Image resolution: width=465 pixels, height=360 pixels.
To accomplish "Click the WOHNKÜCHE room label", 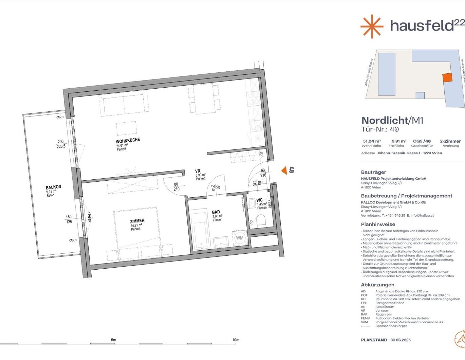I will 128,141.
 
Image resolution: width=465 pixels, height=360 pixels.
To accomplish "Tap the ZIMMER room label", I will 137,221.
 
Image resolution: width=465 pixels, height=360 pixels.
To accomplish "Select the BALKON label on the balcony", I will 54,187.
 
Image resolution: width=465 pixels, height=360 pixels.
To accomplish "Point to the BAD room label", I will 216,212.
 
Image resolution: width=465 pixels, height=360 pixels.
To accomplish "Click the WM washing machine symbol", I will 240,238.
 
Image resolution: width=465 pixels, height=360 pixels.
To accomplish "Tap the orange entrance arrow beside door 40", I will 284,170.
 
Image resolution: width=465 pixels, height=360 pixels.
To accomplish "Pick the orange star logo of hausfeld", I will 372,26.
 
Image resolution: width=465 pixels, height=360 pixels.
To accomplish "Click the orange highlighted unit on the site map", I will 447,78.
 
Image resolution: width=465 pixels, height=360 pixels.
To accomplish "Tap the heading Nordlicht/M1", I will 392,121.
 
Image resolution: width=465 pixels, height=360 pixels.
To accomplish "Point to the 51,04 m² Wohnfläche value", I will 372,141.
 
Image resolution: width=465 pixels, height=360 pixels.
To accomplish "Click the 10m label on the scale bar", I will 236,340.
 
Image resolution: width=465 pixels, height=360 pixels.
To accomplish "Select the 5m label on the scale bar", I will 113,340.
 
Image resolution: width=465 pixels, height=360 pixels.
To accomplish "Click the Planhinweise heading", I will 378,224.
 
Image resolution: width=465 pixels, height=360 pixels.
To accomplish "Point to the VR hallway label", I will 198,171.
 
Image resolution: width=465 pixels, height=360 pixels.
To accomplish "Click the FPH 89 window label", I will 89,217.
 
